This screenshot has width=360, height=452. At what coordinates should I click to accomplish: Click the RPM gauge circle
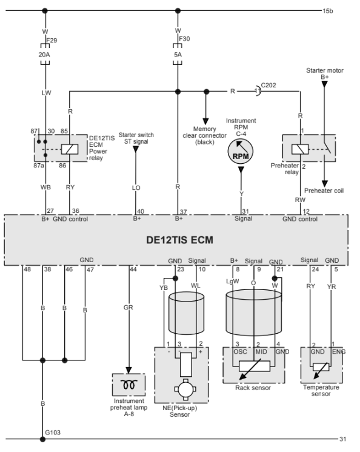point(241,151)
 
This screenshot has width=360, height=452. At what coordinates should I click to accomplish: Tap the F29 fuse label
point(52,40)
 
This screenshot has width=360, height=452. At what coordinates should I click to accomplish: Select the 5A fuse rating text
point(178,55)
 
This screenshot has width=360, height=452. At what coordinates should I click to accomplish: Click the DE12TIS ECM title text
point(180,240)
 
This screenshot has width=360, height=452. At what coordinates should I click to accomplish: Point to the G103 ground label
point(53,433)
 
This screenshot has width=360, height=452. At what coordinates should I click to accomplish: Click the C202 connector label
point(268,86)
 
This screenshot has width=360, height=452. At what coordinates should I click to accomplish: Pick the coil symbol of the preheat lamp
point(128,384)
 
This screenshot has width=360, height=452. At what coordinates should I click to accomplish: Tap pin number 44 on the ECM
point(133,269)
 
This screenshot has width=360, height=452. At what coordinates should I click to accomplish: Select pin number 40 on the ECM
point(141,211)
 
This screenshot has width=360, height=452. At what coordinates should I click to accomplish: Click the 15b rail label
point(328,11)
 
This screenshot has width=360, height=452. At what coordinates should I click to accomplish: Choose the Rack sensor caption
point(253,388)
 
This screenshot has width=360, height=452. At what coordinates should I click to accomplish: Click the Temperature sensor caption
point(321,391)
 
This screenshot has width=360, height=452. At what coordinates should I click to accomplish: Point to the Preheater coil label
point(324,191)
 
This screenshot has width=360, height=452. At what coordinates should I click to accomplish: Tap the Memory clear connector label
point(204,135)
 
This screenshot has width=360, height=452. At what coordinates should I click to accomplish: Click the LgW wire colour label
point(232,282)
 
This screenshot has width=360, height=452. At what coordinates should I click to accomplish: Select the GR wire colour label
point(128,308)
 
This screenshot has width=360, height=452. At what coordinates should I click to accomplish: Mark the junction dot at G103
point(42,439)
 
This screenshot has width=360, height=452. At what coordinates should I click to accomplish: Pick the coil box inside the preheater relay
point(300,149)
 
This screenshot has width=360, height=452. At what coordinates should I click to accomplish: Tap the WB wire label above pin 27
point(45,187)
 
